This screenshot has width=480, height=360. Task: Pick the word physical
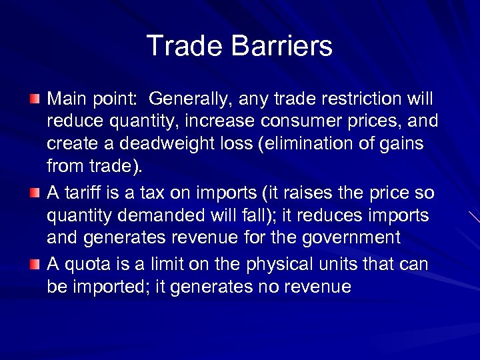pos(274,265)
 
